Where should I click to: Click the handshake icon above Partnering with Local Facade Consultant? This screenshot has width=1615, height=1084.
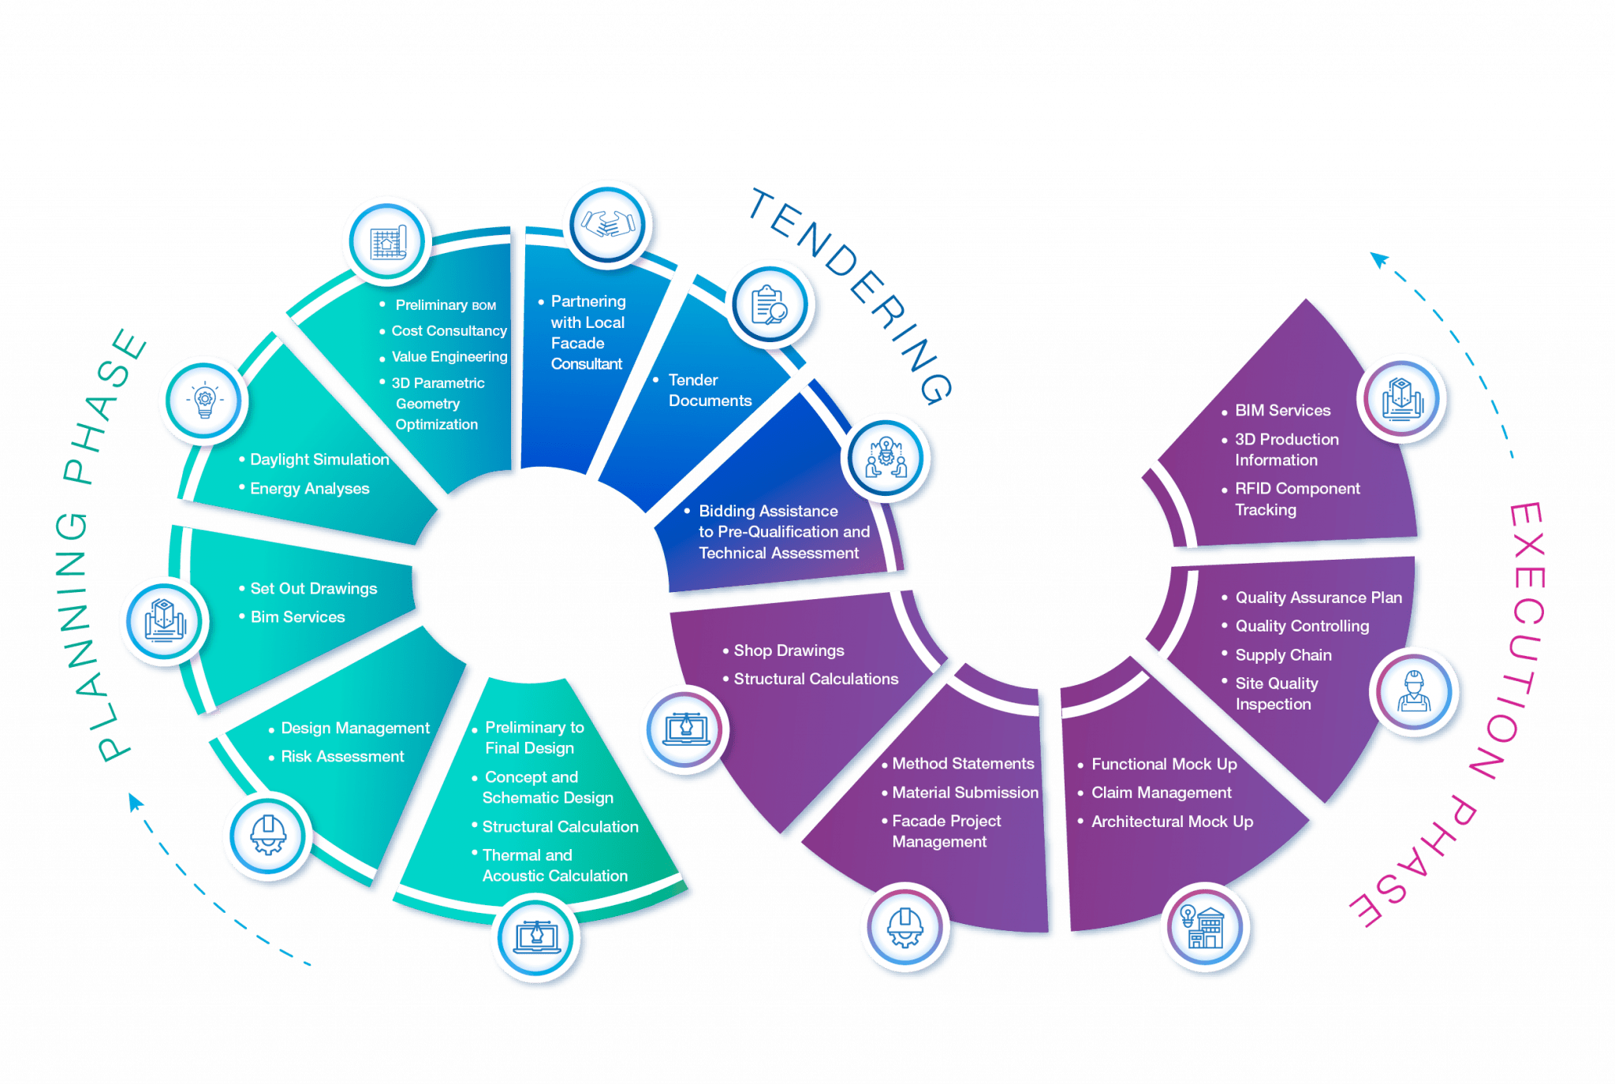608,225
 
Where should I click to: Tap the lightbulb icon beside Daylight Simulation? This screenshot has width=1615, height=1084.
204,400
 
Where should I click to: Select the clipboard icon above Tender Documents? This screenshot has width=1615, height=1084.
769,305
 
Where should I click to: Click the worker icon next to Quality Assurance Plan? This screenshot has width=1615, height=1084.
1414,692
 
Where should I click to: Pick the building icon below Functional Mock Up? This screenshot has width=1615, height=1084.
1204,927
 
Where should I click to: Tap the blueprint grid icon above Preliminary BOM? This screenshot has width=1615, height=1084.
386,242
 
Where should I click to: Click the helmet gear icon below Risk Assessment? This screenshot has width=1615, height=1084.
267,836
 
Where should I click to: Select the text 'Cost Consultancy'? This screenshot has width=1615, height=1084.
449,331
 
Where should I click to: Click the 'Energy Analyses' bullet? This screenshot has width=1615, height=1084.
309,489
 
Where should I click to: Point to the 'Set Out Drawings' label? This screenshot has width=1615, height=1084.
313,589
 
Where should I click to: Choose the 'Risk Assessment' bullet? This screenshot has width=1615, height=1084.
342,757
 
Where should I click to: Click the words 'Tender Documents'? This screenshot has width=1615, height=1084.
709,390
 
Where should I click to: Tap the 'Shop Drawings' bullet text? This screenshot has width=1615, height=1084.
789,650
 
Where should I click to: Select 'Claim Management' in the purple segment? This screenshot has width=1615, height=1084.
1161,793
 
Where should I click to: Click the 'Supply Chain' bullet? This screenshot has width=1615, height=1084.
1283,655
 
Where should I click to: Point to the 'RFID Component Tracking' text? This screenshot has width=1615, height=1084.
1296,499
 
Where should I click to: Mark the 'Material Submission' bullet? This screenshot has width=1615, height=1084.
964,793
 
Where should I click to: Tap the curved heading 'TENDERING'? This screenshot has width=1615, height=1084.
852,292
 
